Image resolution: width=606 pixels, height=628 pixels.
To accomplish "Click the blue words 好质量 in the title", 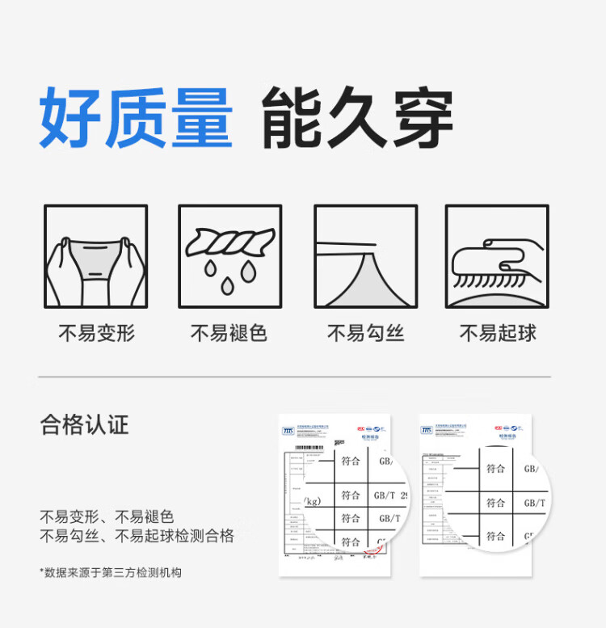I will (x=136, y=119).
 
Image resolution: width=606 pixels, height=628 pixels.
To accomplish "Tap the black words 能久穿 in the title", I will (x=356, y=119).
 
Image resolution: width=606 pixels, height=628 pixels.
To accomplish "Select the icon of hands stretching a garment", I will (x=95, y=255).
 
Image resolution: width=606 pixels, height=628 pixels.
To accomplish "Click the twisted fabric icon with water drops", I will (x=229, y=255).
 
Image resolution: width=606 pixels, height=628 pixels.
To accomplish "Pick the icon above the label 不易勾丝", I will (x=365, y=255).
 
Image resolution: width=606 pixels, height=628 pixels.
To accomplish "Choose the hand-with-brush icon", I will (x=497, y=255).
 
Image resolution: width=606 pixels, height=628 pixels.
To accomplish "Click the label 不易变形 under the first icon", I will (x=95, y=332).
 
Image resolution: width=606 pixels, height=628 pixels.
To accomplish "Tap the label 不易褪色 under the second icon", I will (x=229, y=332).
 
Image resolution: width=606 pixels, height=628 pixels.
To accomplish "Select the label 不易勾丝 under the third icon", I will (x=365, y=332).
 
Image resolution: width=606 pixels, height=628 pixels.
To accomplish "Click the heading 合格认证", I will (x=84, y=425).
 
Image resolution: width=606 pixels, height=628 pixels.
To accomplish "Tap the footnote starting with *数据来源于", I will (x=111, y=572).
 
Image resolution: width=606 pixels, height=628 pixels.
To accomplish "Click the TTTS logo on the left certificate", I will (x=288, y=431).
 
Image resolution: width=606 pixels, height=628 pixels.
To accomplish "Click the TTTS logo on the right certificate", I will (x=427, y=430).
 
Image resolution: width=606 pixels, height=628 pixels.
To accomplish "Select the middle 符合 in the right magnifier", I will (x=495, y=503).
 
